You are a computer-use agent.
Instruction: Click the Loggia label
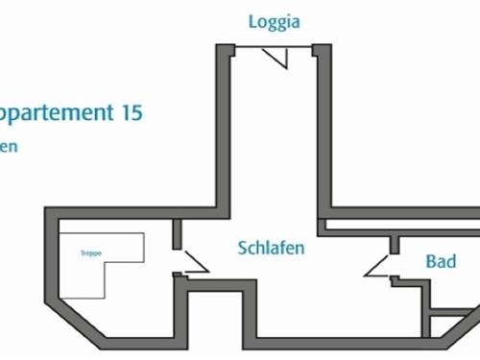point(274,22)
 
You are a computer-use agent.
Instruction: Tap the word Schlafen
point(272,248)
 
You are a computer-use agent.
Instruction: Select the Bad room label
point(441,261)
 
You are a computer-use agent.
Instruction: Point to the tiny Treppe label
point(92,252)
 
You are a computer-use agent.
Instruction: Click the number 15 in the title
point(132,112)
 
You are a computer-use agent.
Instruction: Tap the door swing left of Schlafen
point(193,263)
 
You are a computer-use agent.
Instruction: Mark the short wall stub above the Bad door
point(394,244)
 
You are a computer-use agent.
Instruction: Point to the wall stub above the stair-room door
point(176,233)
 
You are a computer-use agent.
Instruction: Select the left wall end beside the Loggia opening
point(225,50)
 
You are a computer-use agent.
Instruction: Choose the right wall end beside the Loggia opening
point(322,50)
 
